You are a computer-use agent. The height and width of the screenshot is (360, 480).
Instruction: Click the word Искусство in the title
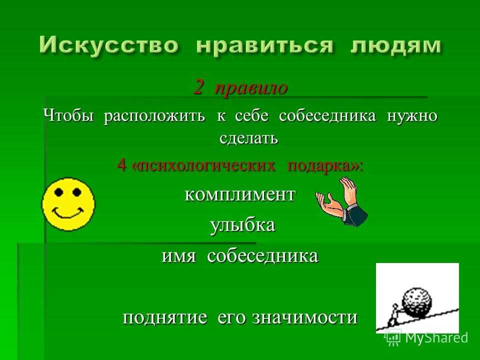[x=109, y=45]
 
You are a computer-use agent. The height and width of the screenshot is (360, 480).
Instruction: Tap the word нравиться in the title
[x=264, y=46]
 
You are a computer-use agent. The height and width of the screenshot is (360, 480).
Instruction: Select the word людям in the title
[x=396, y=46]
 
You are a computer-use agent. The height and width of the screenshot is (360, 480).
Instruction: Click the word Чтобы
[x=68, y=115]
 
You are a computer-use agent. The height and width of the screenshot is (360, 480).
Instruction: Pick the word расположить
[x=154, y=116]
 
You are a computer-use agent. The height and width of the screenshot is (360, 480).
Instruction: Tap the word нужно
[x=412, y=116]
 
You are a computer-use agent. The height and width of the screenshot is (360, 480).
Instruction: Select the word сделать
[x=249, y=138]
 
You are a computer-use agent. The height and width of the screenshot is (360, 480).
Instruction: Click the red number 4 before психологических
[x=121, y=165]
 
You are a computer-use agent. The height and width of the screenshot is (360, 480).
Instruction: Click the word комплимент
[x=240, y=194]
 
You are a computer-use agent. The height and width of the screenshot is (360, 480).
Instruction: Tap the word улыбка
[x=243, y=225]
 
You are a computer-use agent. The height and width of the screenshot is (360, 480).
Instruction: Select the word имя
[x=178, y=256]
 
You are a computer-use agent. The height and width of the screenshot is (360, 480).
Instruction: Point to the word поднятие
[x=164, y=318]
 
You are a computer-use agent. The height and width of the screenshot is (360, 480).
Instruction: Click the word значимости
[x=305, y=318]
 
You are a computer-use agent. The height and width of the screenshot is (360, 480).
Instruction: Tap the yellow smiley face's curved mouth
[x=67, y=213]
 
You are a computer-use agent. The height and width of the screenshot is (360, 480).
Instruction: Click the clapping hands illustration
[x=342, y=202]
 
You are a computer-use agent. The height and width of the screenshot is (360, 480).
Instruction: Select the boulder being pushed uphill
[x=417, y=301]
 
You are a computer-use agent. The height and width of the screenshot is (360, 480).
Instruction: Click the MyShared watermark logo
[x=426, y=338]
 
